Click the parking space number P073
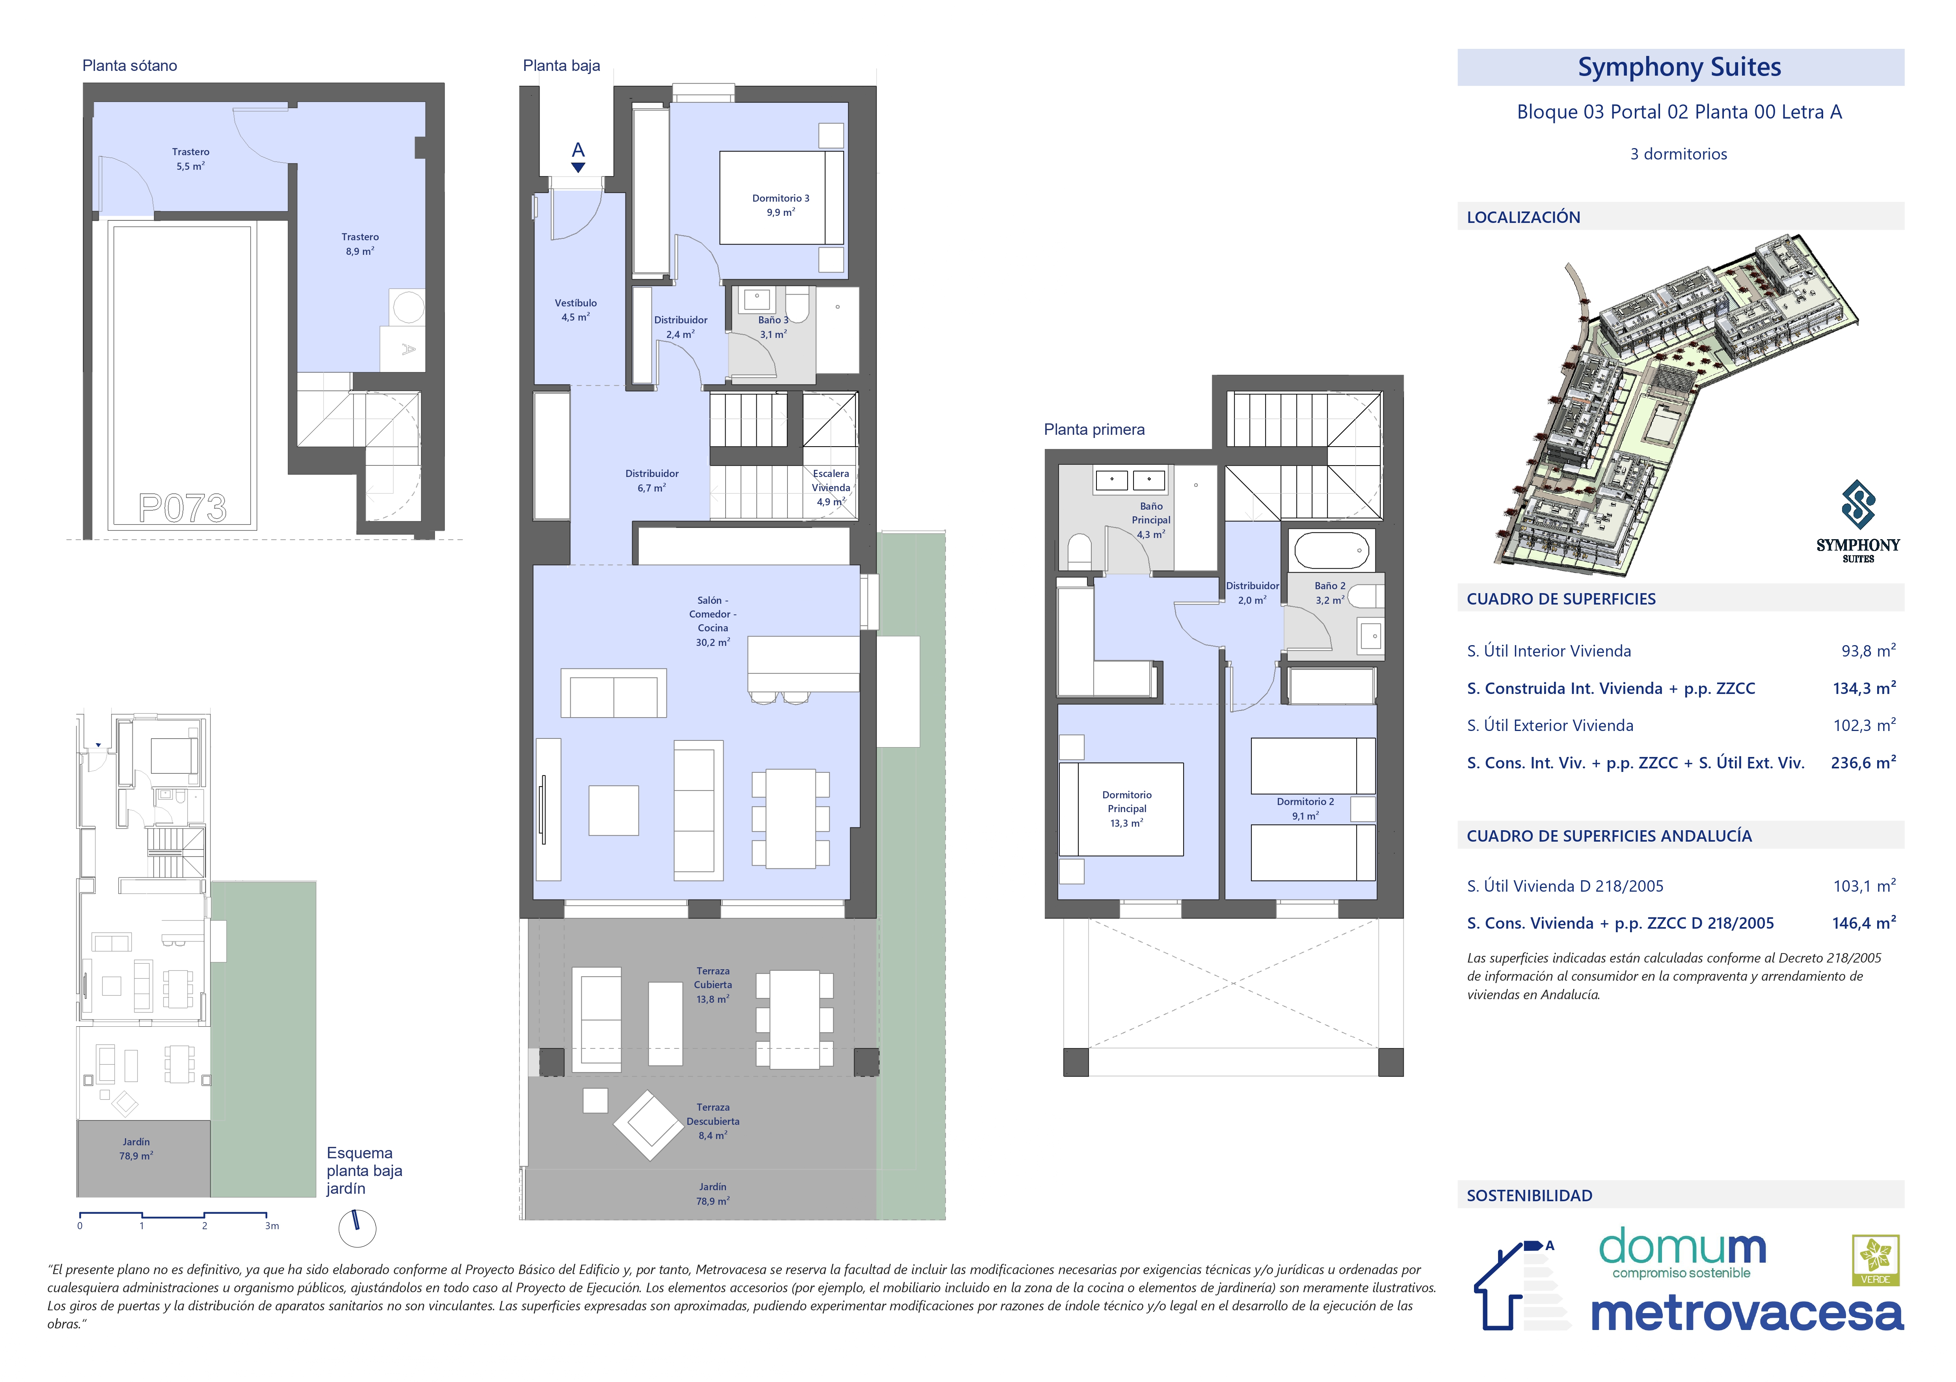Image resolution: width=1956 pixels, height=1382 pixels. click(x=182, y=508)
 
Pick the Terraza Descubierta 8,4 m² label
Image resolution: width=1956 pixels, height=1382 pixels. click(x=713, y=1121)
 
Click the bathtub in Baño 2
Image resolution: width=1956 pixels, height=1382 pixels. click(x=1331, y=551)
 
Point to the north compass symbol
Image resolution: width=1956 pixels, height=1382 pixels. click(x=357, y=1227)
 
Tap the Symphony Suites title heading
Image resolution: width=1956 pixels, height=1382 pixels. click(x=1679, y=67)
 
